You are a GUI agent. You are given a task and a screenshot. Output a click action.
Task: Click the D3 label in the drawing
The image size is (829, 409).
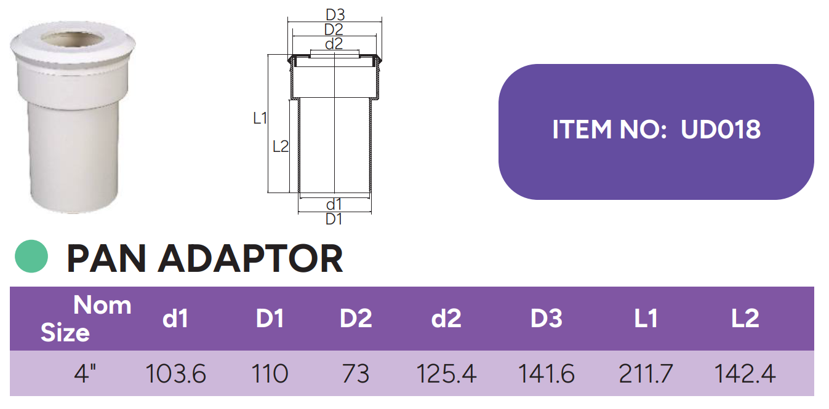tap(334, 14)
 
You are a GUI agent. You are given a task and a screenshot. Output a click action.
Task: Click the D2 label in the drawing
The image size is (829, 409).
tap(334, 29)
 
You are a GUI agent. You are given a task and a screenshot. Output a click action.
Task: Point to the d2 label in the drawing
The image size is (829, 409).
tap(334, 44)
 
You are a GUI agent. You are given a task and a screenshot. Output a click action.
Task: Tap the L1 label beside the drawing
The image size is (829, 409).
tap(260, 118)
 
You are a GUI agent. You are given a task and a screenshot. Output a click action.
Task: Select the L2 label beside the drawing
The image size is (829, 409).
tap(280, 146)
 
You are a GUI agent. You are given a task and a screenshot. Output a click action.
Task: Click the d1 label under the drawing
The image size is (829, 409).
tap(334, 204)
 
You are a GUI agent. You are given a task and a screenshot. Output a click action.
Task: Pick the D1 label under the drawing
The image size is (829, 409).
tap(334, 219)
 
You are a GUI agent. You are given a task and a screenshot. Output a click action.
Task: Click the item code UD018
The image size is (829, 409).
tap(721, 130)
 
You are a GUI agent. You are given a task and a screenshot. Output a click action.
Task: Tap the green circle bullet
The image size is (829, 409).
tap(31, 256)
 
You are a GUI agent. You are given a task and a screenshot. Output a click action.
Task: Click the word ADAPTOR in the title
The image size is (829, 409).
tap(250, 259)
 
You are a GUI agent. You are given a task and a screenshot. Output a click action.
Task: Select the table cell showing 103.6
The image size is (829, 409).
tap(175, 374)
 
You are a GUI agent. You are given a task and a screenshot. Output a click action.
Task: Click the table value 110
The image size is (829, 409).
tap(270, 374)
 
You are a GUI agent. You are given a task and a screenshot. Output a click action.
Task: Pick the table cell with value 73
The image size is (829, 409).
tap(356, 374)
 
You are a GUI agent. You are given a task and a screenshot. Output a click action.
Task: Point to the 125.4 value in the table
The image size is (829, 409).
tap(446, 374)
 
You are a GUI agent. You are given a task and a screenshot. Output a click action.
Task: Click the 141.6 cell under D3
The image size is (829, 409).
tap(546, 374)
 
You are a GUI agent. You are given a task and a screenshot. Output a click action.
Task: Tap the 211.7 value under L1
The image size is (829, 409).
tap(646, 374)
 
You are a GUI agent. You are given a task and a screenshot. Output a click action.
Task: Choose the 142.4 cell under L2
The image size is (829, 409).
tap(745, 374)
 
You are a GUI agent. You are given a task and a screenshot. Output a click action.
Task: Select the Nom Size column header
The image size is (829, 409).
tap(86, 319)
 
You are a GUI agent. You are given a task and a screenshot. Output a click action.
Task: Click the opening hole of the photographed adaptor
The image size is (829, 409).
tap(73, 41)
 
